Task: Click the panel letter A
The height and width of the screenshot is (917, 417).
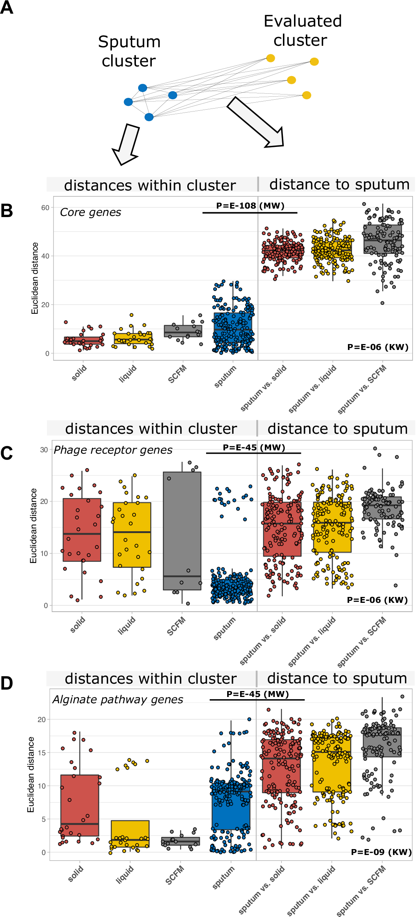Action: (7, 7)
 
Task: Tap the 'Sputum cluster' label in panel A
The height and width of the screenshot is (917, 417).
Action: (129, 51)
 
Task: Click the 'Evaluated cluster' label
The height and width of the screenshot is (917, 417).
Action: (302, 31)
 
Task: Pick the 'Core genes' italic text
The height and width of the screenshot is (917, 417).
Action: (90, 212)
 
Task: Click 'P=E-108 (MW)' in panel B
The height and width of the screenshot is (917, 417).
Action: (250, 206)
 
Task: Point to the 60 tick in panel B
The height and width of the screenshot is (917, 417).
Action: (45, 208)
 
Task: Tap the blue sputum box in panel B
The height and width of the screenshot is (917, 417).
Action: (233, 325)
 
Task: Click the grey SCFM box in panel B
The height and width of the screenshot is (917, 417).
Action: (183, 331)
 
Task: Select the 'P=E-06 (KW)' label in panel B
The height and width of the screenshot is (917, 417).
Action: (377, 347)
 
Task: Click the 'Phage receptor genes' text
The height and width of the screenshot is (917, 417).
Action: (113, 450)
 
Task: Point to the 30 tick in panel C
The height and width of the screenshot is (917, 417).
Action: (44, 450)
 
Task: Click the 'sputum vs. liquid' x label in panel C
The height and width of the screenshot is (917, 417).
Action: (312, 641)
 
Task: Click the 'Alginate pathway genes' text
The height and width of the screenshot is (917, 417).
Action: (118, 700)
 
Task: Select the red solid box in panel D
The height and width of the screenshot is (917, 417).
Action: (80, 805)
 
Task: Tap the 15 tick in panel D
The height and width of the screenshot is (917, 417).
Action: (42, 752)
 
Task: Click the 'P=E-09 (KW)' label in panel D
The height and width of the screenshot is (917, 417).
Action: (381, 852)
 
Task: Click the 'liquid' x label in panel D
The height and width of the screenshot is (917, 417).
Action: (125, 875)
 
